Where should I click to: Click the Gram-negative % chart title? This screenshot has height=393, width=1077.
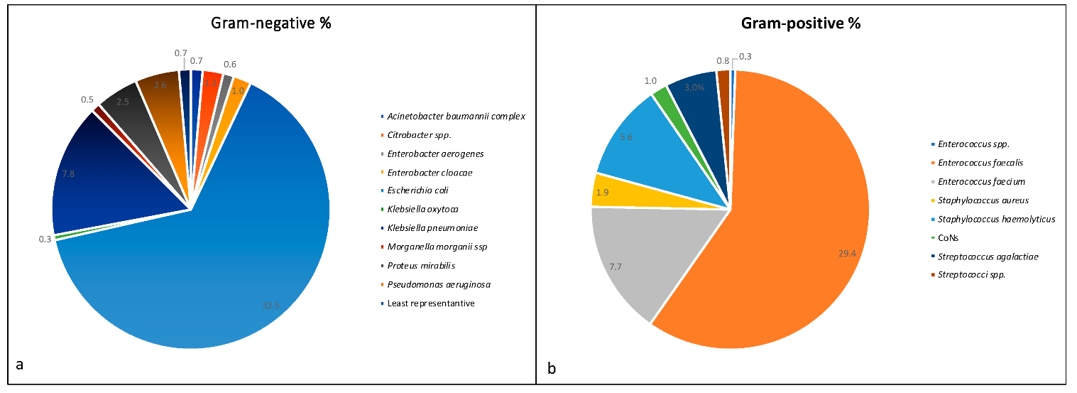pyautogui.click(x=271, y=23)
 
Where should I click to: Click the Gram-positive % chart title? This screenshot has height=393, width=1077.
pyautogui.click(x=800, y=23)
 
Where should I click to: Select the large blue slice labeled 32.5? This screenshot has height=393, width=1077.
pyautogui.click(x=213, y=284)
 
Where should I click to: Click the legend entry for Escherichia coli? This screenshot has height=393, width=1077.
pyautogui.click(x=417, y=190)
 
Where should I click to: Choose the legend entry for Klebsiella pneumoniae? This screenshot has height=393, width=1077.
pyautogui.click(x=432, y=228)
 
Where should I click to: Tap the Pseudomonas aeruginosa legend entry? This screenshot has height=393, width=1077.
pyautogui.click(x=438, y=284)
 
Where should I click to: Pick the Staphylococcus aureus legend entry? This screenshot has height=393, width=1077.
pyautogui.click(x=983, y=200)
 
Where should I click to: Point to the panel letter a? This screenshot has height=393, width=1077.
pyautogui.click(x=19, y=365)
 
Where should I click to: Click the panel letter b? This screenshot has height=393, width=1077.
pyautogui.click(x=551, y=368)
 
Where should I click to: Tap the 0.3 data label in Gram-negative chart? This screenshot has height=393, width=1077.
pyautogui.click(x=45, y=239)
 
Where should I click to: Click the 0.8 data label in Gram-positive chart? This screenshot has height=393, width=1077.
pyautogui.click(x=722, y=60)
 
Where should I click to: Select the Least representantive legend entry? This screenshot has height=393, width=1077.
pyautogui.click(x=430, y=303)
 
